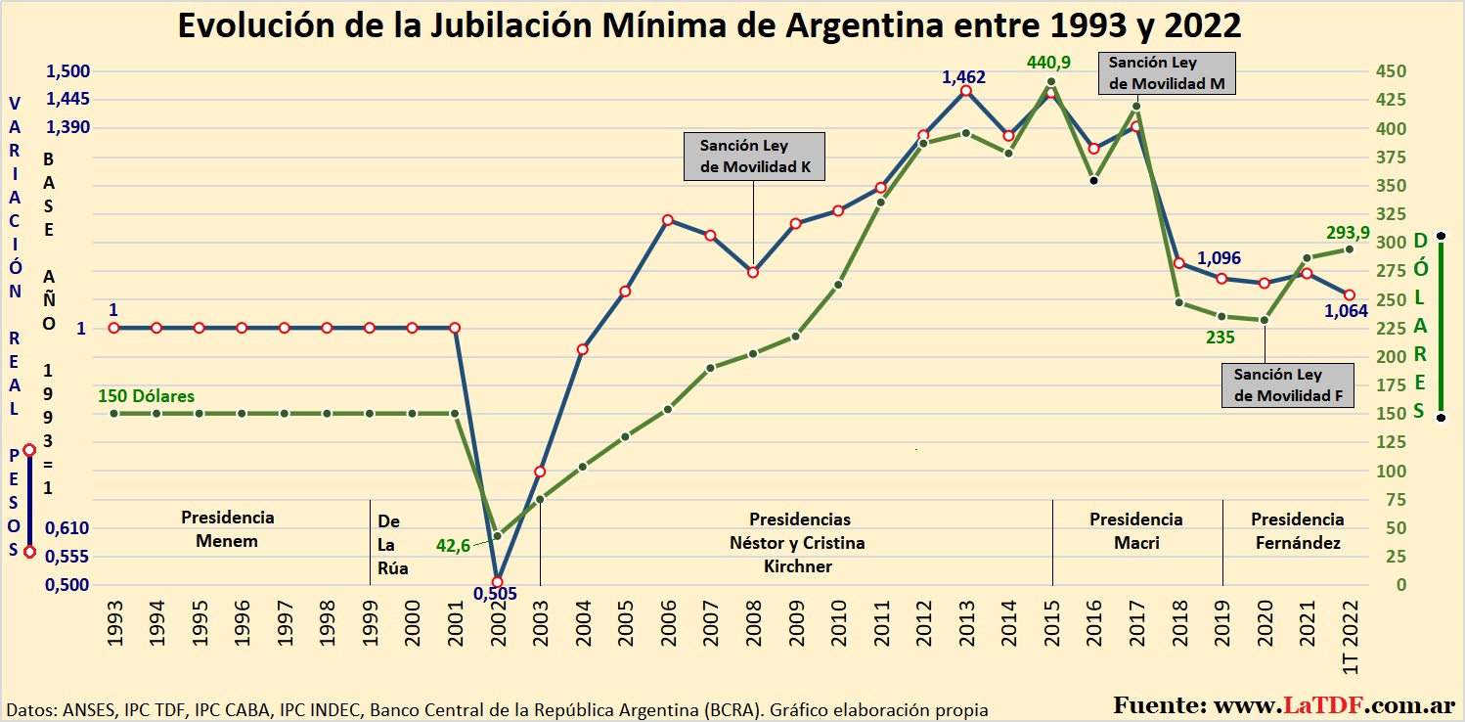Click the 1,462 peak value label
click(963, 76)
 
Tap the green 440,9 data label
click(1048, 63)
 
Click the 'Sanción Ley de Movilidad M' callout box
click(1167, 73)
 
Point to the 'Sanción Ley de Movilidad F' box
click(1288, 385)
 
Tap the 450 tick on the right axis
click(1392, 71)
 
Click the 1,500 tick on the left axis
click(67, 71)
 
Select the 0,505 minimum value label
click(495, 593)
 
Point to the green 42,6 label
click(453, 546)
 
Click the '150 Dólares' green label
click(146, 396)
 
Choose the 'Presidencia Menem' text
click(227, 529)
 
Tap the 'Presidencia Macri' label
click(1136, 530)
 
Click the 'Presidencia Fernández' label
click(1297, 530)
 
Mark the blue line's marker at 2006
click(667, 220)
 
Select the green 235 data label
click(1220, 338)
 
